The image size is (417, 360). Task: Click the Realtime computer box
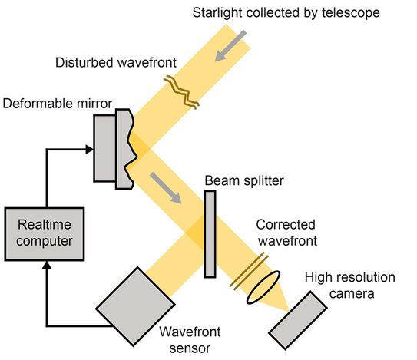[45, 234]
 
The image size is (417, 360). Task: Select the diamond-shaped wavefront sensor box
[135, 306]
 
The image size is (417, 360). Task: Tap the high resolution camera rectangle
[298, 320]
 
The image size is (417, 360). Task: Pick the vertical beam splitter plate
[210, 234]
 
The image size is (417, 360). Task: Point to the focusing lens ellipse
[263, 287]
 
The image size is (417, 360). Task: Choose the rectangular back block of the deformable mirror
[104, 148]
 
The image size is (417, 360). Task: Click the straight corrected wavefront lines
[249, 271]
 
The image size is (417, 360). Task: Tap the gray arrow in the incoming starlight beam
[230, 46]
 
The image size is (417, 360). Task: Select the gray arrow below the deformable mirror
[166, 188]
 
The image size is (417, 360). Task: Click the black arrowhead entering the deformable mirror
[89, 149]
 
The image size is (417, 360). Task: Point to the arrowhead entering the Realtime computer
[47, 265]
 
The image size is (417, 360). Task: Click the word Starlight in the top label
[217, 13]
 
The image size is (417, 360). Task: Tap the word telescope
[351, 13]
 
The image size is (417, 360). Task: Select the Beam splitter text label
[244, 181]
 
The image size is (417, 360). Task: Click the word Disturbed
[84, 62]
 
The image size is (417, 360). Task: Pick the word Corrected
[286, 225]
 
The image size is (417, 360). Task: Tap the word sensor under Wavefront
[190, 348]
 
